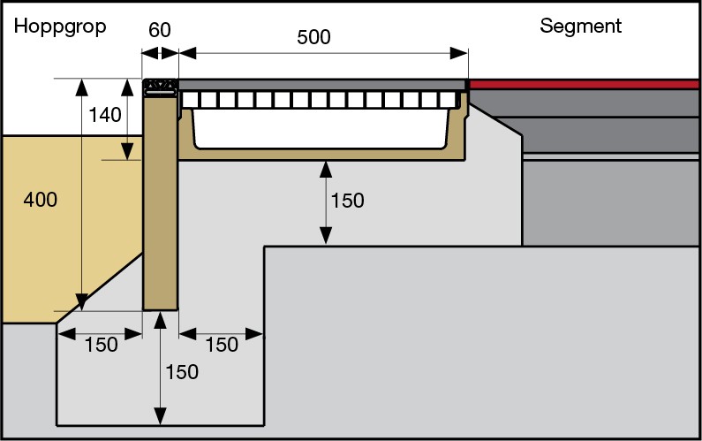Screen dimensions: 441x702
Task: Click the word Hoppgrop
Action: click(x=60, y=27)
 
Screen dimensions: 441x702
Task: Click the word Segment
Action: click(x=580, y=27)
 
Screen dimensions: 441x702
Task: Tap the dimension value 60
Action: click(x=160, y=30)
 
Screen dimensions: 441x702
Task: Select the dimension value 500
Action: click(x=314, y=37)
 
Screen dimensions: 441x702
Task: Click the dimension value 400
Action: click(x=40, y=200)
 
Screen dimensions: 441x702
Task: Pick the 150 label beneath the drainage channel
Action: click(x=347, y=201)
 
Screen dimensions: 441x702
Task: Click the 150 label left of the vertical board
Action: click(x=102, y=345)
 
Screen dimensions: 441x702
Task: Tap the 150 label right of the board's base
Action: click(x=222, y=345)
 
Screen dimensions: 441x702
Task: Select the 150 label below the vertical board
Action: click(x=182, y=372)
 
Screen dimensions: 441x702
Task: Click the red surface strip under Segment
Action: click(x=583, y=85)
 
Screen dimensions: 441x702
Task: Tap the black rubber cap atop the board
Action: click(x=160, y=86)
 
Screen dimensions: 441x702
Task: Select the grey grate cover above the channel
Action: click(x=322, y=85)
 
